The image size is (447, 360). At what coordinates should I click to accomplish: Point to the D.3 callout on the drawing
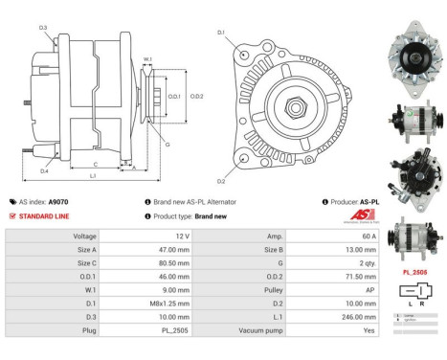[x=43, y=28]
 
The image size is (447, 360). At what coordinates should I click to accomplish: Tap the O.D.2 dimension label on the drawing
[x=196, y=96]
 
